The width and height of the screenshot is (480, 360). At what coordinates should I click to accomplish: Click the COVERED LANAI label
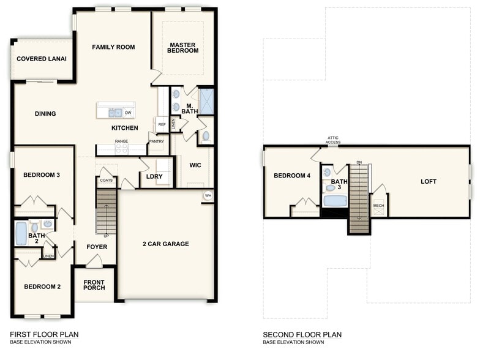42,59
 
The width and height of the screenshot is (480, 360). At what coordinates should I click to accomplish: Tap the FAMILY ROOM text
113,47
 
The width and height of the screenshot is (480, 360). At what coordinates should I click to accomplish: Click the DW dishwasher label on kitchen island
128,113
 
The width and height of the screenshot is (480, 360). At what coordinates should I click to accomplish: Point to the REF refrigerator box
162,124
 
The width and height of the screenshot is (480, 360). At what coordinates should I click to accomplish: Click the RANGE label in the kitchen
121,141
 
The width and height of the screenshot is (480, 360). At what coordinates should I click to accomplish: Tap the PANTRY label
156,141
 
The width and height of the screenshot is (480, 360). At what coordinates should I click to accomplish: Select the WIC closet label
195,165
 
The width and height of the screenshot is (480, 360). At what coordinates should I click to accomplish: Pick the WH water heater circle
208,196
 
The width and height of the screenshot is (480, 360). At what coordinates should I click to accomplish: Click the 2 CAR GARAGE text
166,244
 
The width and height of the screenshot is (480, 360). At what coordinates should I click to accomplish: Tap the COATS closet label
107,181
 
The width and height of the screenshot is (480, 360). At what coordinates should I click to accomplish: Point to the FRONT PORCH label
94,286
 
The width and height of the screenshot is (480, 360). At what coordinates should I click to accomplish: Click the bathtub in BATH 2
21,234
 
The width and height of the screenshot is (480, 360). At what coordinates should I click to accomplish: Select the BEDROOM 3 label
42,175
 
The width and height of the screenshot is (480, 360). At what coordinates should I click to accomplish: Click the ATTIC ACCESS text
332,140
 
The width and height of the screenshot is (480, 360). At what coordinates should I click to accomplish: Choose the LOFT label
429,182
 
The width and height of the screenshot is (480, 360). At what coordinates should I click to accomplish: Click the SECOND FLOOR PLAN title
302,335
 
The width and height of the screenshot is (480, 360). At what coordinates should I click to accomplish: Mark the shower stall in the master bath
206,102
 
